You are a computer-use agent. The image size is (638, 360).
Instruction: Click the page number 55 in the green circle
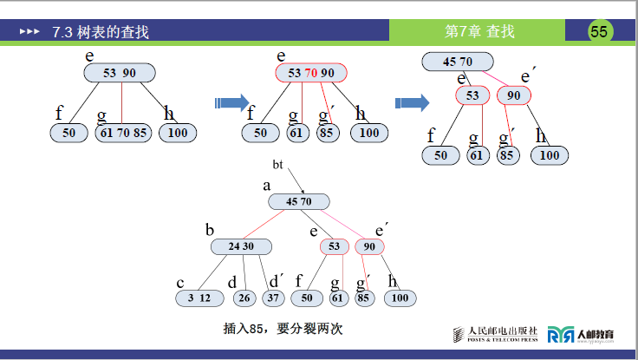[599, 31]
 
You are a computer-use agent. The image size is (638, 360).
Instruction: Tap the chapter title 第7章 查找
[479, 32]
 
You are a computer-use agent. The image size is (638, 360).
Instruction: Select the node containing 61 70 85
[122, 133]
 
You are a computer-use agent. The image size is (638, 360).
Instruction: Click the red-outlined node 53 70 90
[310, 73]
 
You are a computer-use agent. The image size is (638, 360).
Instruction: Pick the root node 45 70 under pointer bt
[298, 201]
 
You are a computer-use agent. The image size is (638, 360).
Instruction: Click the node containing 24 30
[241, 246]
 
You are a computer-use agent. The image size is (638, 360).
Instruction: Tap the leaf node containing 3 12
[199, 298]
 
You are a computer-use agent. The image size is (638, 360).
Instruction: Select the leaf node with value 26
[244, 298]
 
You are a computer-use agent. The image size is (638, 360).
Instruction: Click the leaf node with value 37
[274, 298]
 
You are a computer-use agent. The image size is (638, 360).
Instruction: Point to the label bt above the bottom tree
[277, 164]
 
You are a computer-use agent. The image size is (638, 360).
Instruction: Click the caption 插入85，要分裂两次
[283, 329]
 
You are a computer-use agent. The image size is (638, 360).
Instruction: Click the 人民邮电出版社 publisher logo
[497, 334]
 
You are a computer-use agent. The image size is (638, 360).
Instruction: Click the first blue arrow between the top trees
[231, 103]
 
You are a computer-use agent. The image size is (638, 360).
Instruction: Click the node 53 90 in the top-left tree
[119, 73]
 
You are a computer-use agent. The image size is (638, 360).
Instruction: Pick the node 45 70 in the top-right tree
[458, 62]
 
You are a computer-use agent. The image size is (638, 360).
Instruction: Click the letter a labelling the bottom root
[267, 185]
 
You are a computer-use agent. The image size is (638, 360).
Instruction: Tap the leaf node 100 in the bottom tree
[399, 298]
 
